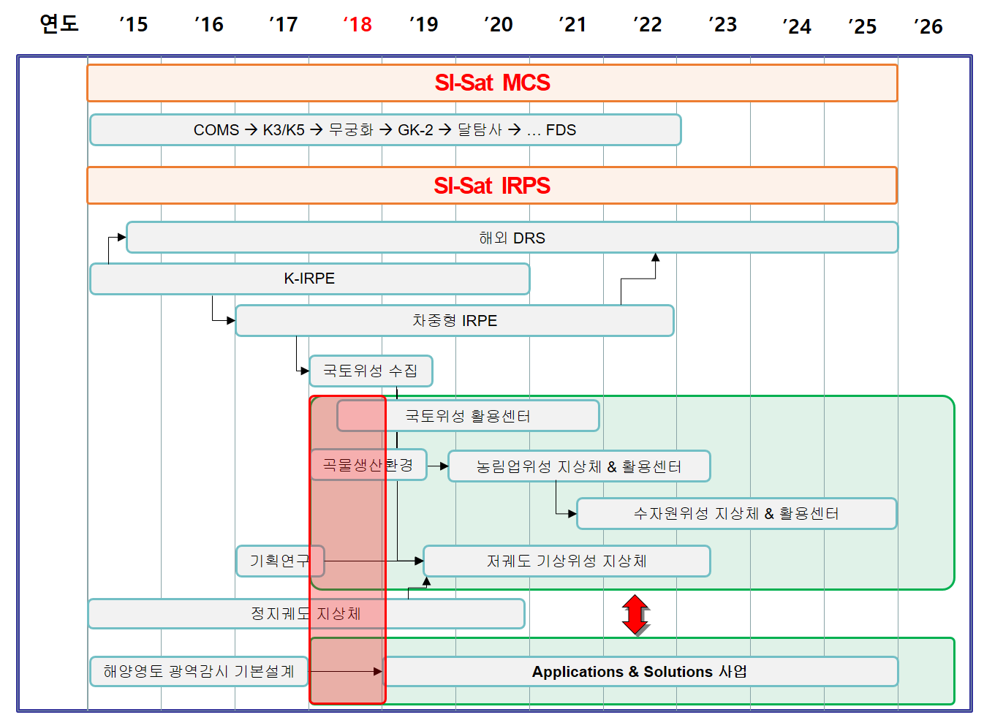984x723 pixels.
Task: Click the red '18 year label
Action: (357, 25)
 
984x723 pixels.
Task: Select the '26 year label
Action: (928, 27)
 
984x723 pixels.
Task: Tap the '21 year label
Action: (572, 25)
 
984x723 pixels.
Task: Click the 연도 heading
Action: (59, 23)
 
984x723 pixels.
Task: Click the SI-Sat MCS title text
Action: (492, 83)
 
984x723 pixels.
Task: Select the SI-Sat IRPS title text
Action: (491, 186)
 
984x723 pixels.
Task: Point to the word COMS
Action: (216, 130)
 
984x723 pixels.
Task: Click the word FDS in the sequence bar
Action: (561, 130)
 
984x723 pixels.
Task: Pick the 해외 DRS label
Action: (512, 238)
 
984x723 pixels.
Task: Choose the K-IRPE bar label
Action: (309, 279)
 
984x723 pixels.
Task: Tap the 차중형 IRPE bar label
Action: (454, 321)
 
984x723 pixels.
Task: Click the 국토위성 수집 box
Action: (371, 371)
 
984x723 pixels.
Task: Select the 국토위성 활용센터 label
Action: (468, 416)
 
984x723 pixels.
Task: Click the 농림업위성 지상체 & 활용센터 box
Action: (578, 466)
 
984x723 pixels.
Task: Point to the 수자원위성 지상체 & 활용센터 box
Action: (735, 513)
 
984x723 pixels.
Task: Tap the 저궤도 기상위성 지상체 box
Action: (567, 561)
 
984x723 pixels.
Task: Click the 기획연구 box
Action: (279, 561)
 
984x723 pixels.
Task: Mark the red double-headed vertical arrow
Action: (635, 614)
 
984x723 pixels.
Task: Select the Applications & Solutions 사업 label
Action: (640, 672)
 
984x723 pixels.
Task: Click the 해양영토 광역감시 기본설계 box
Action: (199, 671)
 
